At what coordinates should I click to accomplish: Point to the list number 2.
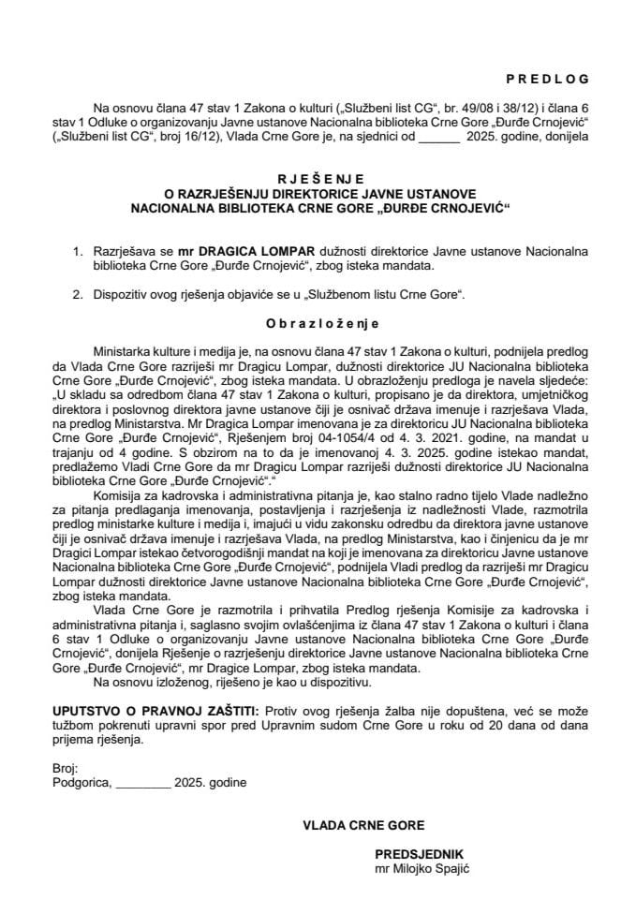coord(79,294)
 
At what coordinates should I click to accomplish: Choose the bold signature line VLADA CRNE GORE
coord(362,826)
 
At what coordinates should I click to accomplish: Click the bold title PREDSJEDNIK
coord(419,855)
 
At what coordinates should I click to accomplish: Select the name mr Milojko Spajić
coord(421,869)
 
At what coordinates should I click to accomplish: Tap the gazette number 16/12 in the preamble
coord(208,136)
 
